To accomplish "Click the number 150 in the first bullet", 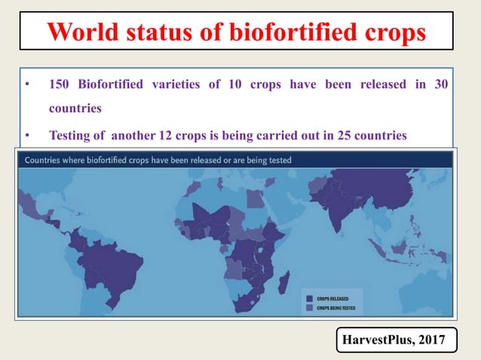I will [x=60, y=84].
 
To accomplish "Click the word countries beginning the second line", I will [x=75, y=108].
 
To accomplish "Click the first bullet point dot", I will [x=27, y=84].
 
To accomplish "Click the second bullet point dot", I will [x=27, y=136].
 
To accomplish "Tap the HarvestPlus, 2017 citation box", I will [x=395, y=341].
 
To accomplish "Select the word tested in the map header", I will [x=277, y=160].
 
